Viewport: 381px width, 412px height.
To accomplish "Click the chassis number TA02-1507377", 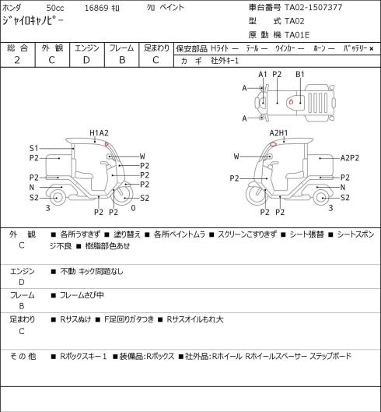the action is [313, 7].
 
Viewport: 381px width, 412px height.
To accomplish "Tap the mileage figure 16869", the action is [96, 8].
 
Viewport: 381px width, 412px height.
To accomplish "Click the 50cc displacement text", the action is [55, 8].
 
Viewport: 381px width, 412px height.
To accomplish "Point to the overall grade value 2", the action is [17, 60].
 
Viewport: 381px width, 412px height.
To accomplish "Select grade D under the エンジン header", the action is [86, 60].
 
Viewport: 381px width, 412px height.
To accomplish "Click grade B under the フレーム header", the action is [122, 60].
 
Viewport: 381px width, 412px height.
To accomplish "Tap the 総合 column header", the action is [17, 48].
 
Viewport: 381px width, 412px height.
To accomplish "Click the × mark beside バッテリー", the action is [372, 48].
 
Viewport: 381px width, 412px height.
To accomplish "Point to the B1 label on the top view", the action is [300, 75].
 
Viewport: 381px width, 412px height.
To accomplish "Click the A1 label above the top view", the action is [263, 75].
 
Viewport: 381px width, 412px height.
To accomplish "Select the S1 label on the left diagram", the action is [34, 148].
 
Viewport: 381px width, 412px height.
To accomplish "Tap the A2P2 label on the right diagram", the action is [350, 158].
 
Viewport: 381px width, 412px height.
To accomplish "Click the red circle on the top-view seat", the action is [291, 102].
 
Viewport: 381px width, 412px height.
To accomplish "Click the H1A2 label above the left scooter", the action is [99, 133].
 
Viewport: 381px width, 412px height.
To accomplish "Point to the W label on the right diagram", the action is [236, 157].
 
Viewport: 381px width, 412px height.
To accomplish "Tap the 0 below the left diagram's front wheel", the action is [133, 208].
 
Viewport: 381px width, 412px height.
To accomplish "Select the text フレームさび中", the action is [82, 295].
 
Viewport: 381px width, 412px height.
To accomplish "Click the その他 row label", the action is [23, 356].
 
